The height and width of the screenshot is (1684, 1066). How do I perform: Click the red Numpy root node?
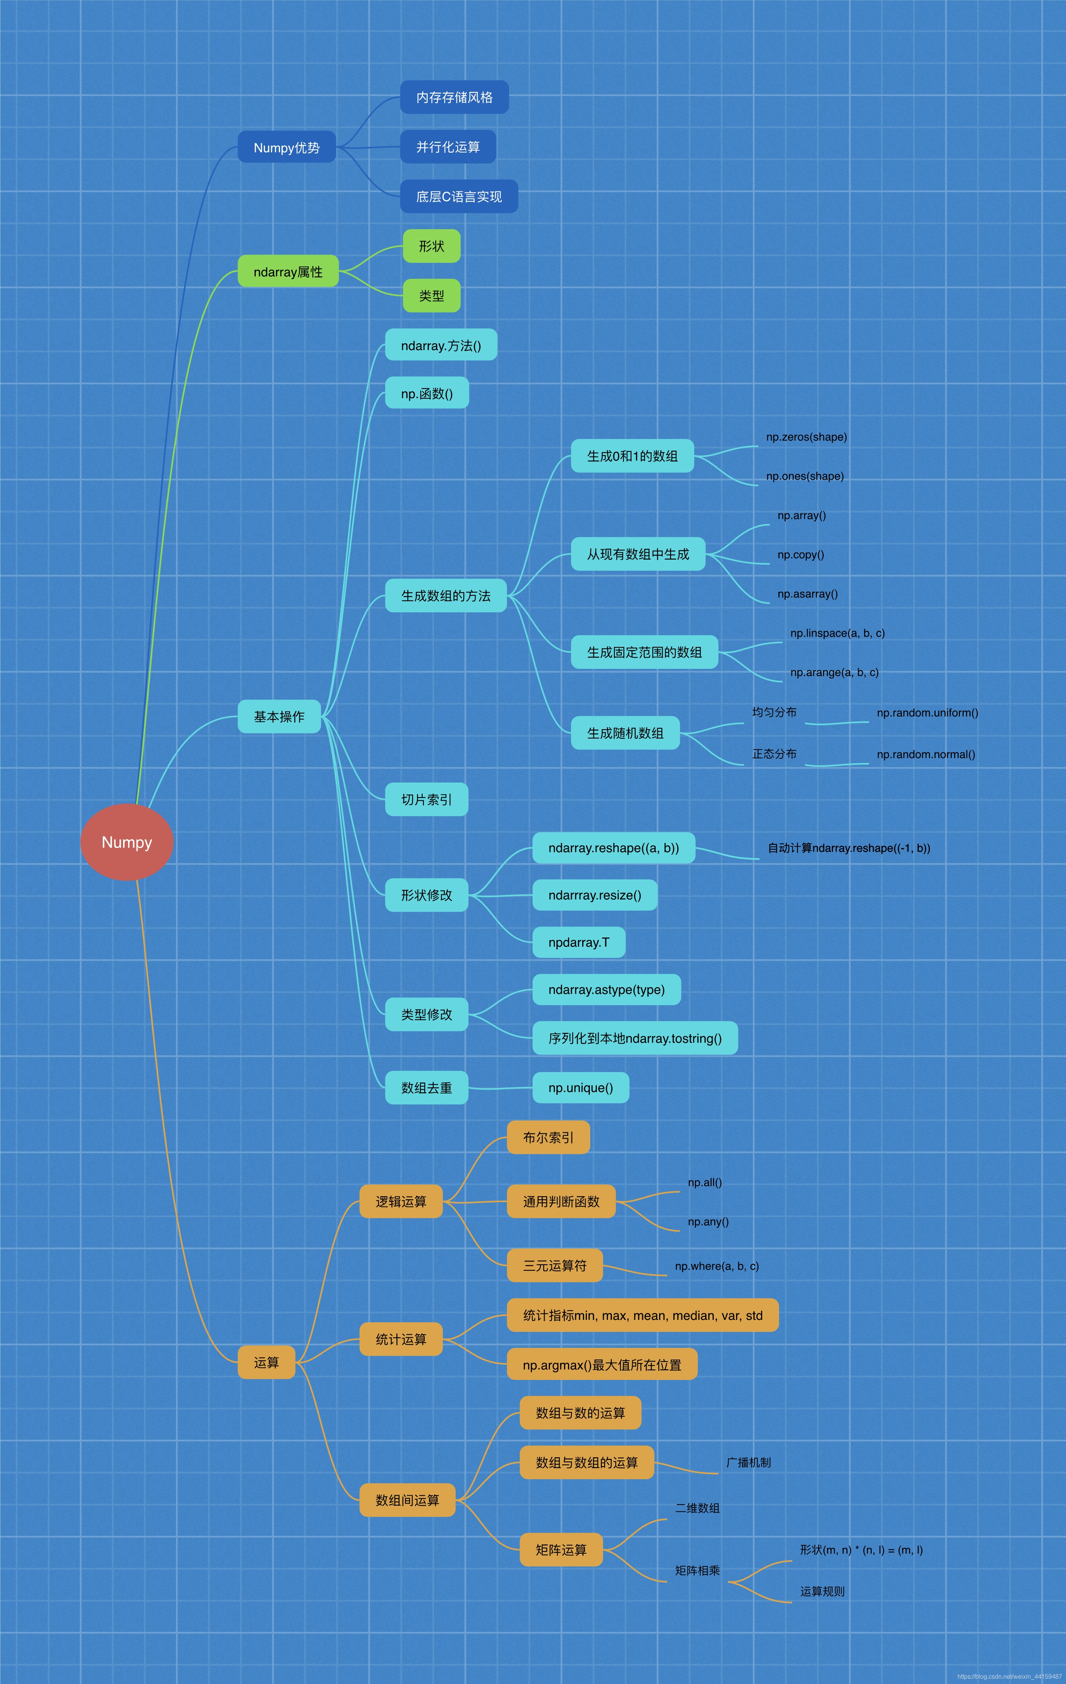coord(127,842)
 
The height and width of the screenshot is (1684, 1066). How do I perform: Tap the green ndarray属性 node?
coord(288,271)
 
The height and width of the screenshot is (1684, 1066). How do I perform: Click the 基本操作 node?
coord(279,716)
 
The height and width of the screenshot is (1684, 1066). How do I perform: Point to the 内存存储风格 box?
coord(454,97)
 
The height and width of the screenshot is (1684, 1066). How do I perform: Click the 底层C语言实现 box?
coord(459,196)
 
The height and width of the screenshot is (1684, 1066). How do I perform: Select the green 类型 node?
coord(431,296)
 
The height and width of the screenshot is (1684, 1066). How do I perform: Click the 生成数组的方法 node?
coord(446,595)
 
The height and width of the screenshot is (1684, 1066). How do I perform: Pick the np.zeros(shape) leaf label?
coord(806,437)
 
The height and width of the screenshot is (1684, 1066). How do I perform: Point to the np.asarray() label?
coord(807,594)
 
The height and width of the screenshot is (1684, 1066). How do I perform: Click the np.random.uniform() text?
coord(927,713)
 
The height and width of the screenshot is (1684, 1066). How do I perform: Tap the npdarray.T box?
coord(578,942)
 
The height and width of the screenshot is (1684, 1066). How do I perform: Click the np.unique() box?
coord(581,1087)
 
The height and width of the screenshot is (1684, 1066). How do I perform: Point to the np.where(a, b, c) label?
coord(716,1266)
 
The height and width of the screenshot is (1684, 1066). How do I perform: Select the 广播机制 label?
coord(748,1462)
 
